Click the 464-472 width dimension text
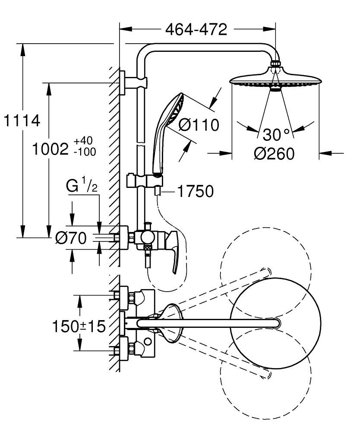tap(196, 30)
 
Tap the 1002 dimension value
tap(51, 149)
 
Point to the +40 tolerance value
tap(83, 141)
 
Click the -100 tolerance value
tap(85, 152)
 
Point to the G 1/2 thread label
tap(81, 186)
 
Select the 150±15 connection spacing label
tap(79, 326)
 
